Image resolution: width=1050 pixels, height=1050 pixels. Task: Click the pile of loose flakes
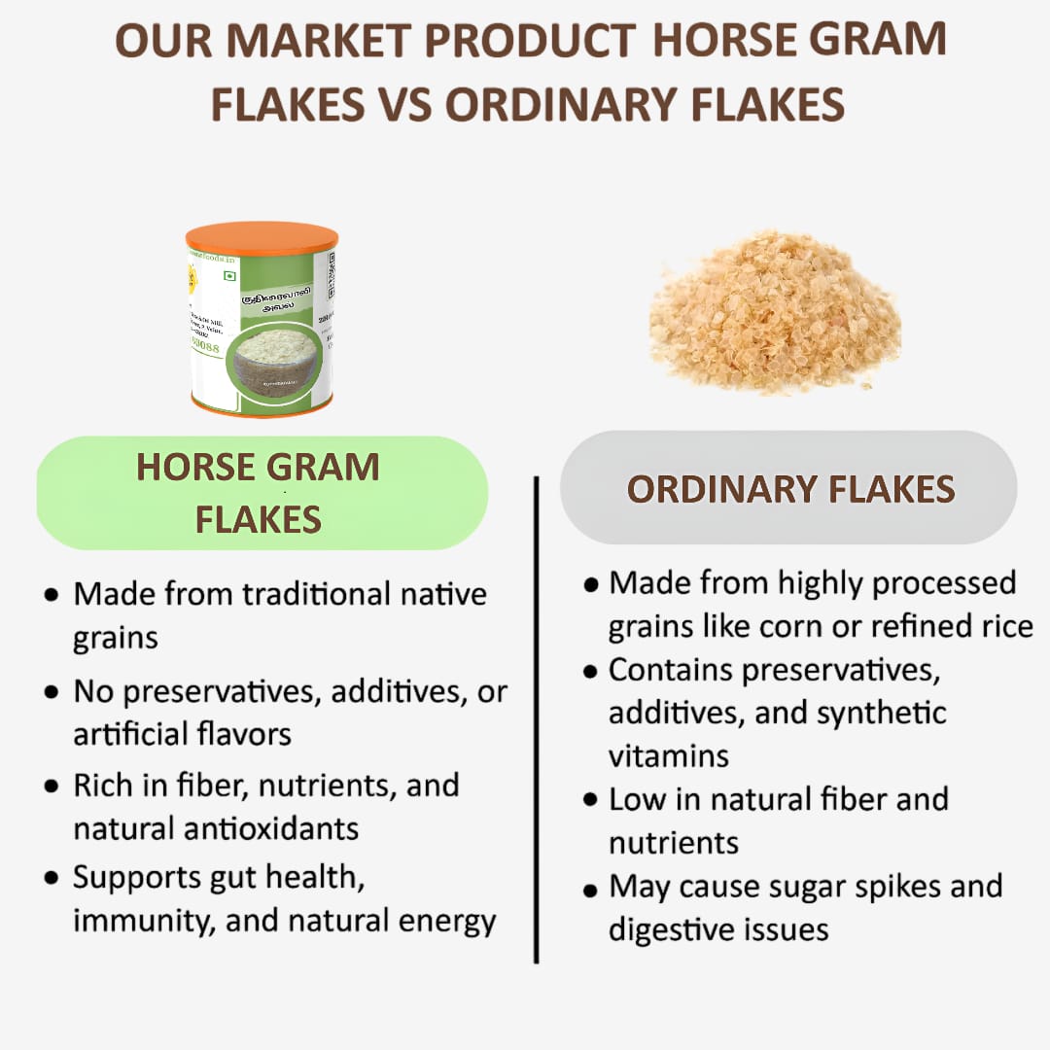point(774,313)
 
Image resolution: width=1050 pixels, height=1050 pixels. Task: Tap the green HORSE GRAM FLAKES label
point(259,493)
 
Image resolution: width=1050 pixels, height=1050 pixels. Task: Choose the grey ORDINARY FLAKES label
point(789,488)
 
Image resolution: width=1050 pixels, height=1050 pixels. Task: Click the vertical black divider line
point(536,719)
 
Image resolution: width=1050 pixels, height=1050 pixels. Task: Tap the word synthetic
point(881,713)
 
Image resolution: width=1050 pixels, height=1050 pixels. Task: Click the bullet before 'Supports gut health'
point(51,878)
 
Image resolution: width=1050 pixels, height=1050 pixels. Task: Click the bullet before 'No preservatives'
point(51,692)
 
